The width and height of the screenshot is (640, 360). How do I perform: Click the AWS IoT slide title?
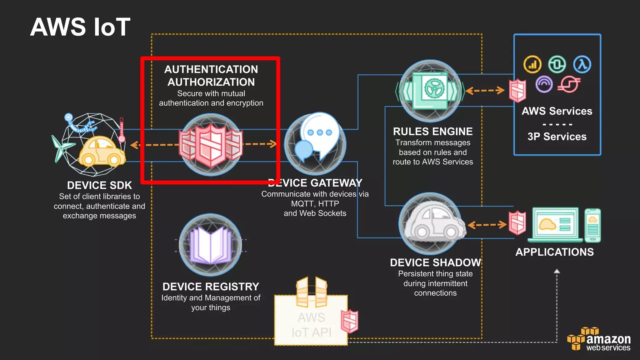[x=80, y=27]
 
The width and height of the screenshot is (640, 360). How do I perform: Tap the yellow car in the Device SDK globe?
[x=102, y=152]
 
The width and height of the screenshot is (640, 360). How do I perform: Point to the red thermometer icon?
[x=122, y=130]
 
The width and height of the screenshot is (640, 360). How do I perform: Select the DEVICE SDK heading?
[x=99, y=185]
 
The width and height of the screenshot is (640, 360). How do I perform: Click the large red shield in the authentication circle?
[x=211, y=145]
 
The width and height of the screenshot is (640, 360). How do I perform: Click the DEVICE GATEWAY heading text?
[x=315, y=183]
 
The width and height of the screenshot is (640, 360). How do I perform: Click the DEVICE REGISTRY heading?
[x=211, y=287]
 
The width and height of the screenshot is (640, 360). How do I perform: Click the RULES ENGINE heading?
[x=432, y=132]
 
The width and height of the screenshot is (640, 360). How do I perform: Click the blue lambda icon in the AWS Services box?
[x=582, y=64]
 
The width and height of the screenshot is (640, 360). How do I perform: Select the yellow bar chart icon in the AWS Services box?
[x=532, y=64]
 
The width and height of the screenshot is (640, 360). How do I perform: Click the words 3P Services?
[x=557, y=137]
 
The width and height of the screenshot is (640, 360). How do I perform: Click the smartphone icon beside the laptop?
[x=593, y=225]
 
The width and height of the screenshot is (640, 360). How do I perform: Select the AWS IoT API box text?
[x=311, y=325]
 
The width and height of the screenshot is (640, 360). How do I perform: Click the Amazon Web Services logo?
[x=598, y=339]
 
